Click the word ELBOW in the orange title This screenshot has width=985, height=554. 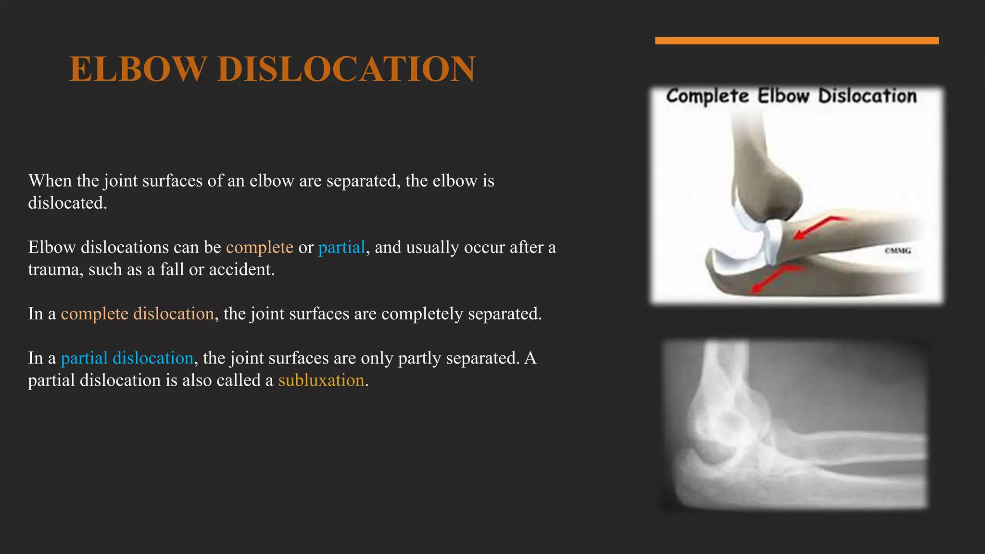pyautogui.click(x=138, y=69)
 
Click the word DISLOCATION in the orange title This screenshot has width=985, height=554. pyautogui.click(x=346, y=69)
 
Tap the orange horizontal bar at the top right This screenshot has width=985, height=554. pyautogui.click(x=796, y=41)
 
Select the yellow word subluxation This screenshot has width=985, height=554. pyautogui.click(x=321, y=380)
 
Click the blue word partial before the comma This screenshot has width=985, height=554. pyautogui.click(x=341, y=247)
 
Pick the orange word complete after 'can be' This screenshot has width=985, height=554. pyautogui.click(x=259, y=247)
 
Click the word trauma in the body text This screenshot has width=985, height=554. pyautogui.click(x=54, y=270)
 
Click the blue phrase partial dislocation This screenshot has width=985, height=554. pyautogui.click(x=127, y=358)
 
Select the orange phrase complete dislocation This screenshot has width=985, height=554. pyautogui.click(x=137, y=314)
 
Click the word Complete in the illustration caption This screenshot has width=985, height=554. pyautogui.click(x=707, y=96)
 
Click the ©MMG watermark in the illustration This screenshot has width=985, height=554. pyautogui.click(x=897, y=251)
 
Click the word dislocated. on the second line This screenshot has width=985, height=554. pyautogui.click(x=67, y=203)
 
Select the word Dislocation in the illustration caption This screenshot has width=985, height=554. pyautogui.click(x=867, y=96)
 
